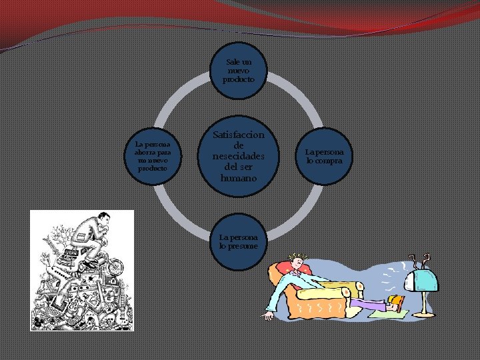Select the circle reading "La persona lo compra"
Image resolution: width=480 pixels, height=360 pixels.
[324, 156]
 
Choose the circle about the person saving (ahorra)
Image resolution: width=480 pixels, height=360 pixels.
[153, 156]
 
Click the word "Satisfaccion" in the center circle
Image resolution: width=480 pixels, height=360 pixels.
[239, 135]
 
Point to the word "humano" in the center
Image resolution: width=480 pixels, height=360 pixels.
[239, 180]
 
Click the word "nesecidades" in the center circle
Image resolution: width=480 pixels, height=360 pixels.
[239, 157]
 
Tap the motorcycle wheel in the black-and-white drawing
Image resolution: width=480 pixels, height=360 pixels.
[115, 267]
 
